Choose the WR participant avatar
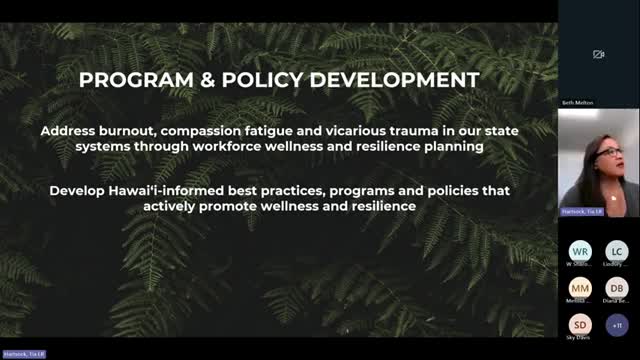[x=580, y=251]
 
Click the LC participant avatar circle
[x=617, y=251]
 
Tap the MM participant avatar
[x=580, y=288]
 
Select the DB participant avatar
[x=617, y=288]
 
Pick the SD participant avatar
[x=580, y=325]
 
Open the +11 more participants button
[x=617, y=325]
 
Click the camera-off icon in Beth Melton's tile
[x=598, y=54]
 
